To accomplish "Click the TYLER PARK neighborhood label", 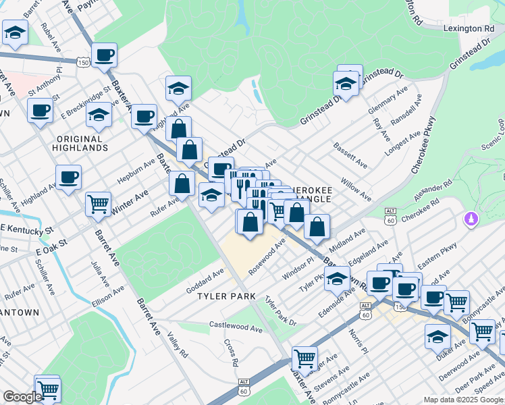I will click(x=226, y=296).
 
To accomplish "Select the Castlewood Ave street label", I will click(x=236, y=326).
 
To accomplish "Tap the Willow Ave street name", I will click(x=356, y=190).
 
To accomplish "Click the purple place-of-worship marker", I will click(x=470, y=219).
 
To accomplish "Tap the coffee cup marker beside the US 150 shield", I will click(x=104, y=55).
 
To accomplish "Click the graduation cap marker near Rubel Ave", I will click(x=14, y=31).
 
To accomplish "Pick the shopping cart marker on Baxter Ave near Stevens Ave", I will click(x=305, y=358).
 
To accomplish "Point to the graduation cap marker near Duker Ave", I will click(x=437, y=335).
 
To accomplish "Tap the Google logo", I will click(x=22, y=397).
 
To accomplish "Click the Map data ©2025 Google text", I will click(x=462, y=400).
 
